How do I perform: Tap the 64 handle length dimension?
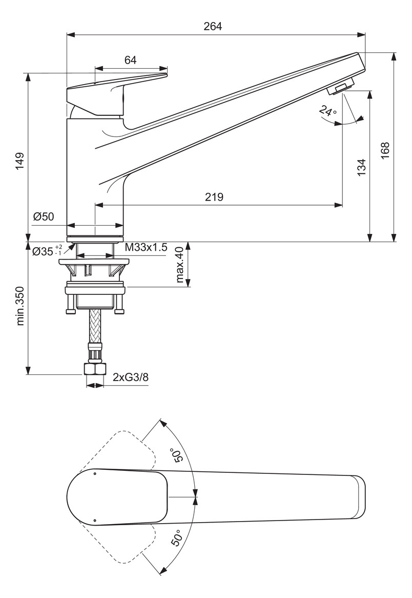[x=130, y=60]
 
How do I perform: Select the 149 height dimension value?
[x=19, y=162]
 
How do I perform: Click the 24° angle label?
[x=327, y=111]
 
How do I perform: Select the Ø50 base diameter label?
[x=44, y=217]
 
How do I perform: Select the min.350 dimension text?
[x=20, y=306]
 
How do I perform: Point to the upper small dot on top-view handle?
[x=95, y=473]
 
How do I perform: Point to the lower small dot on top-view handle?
[x=95, y=521]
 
